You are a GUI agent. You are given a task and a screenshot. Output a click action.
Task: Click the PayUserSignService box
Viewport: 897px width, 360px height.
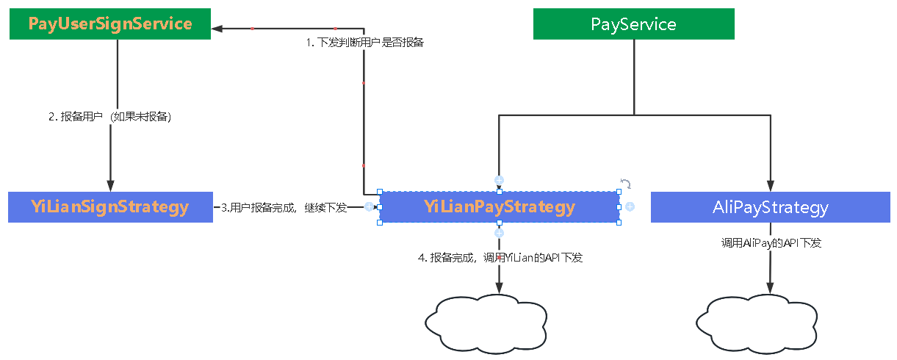point(110,24)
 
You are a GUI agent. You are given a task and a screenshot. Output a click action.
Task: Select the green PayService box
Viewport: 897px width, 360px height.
point(633,24)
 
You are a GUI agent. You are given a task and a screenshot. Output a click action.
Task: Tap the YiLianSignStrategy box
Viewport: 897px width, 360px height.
point(110,207)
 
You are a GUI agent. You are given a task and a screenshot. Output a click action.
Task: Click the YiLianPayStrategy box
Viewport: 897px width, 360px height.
point(500,207)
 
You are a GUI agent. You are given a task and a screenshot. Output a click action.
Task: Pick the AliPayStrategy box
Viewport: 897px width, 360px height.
point(770,207)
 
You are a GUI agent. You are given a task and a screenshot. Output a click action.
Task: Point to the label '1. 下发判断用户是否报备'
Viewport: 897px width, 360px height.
point(365,43)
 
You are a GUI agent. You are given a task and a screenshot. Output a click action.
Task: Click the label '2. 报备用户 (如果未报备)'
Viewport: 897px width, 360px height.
point(110,117)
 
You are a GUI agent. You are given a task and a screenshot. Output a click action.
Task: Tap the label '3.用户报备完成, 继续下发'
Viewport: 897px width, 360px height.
point(284,207)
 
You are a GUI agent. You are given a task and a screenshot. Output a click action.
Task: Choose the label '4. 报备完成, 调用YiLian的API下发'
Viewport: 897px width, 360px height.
point(500,258)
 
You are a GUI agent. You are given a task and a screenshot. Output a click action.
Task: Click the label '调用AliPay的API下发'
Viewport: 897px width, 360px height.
point(771,242)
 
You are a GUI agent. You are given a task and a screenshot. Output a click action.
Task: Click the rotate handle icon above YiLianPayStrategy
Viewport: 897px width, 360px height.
point(626,183)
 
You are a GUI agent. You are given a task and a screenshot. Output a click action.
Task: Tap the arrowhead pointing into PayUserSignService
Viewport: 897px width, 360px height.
point(217,29)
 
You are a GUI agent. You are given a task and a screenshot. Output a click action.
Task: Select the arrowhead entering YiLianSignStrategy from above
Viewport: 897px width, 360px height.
point(110,186)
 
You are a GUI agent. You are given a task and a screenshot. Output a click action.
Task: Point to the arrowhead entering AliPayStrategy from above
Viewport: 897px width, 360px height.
point(770,186)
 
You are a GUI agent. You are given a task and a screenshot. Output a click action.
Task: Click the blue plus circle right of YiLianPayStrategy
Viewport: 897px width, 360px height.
point(630,207)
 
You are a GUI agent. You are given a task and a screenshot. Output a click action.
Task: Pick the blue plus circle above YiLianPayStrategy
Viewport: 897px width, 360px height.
point(500,180)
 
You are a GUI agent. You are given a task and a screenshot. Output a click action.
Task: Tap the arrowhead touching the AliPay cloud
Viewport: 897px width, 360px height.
point(770,289)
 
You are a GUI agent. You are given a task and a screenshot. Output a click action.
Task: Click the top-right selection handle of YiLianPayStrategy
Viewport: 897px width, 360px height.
point(619,192)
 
